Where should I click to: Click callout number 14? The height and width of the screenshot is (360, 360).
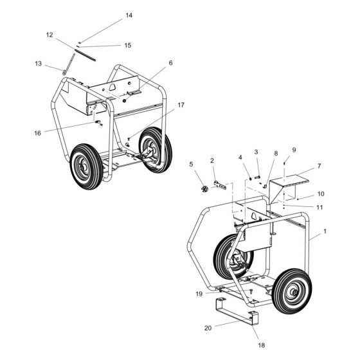pyautogui.click(x=129, y=15)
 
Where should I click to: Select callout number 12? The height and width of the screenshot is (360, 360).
pyautogui.click(x=50, y=35)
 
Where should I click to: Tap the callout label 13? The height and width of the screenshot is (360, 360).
pyautogui.click(x=39, y=64)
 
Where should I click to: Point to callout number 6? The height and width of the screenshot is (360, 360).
pyautogui.click(x=170, y=63)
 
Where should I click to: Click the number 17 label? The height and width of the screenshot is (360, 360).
pyautogui.click(x=181, y=105)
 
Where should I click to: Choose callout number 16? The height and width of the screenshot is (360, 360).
pyautogui.click(x=38, y=133)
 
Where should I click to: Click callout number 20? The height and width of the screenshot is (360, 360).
pyautogui.click(x=208, y=328)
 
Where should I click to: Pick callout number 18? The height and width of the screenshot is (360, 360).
pyautogui.click(x=262, y=345)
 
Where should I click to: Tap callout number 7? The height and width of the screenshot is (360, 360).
pyautogui.click(x=319, y=166)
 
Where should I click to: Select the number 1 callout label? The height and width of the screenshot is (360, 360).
pyautogui.click(x=325, y=231)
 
